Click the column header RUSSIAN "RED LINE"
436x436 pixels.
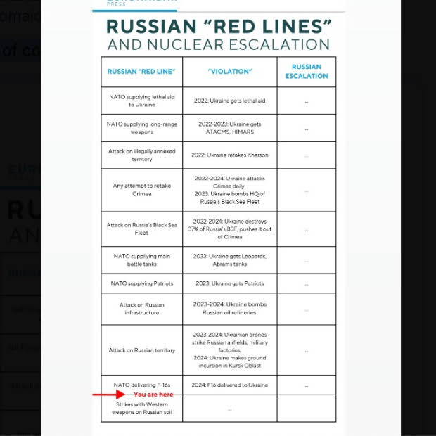click(141, 72)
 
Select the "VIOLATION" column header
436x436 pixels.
click(229, 72)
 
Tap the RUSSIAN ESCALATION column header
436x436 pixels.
click(306, 72)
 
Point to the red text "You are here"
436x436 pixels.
click(153, 395)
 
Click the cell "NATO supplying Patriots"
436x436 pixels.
click(141, 283)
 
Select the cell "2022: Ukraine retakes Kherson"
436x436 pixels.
click(229, 155)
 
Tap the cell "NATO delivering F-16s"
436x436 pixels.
click(141, 385)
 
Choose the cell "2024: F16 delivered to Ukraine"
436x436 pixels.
click(229, 385)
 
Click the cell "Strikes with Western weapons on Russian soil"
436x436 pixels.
click(141, 409)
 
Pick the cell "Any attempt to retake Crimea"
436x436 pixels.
click(141, 190)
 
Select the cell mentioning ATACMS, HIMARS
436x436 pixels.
click(229, 128)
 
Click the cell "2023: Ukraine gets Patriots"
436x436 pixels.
click(229, 283)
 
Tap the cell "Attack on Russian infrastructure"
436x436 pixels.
click(141, 309)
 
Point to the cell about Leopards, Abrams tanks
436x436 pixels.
click(229, 260)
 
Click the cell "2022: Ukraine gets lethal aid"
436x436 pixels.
click(229, 101)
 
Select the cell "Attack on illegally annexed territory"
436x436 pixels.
click(141, 155)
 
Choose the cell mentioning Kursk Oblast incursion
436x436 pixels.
click(229, 350)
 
